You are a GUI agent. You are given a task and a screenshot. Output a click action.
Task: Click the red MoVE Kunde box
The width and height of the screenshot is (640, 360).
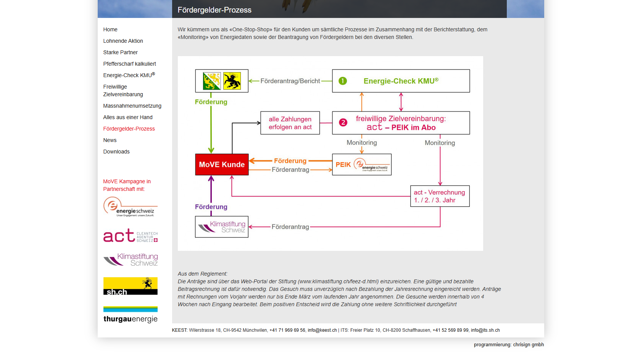(x=222, y=164)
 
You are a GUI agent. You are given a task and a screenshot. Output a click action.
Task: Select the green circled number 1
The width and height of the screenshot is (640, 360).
(x=343, y=81)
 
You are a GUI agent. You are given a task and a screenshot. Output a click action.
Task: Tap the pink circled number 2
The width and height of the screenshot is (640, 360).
(x=343, y=123)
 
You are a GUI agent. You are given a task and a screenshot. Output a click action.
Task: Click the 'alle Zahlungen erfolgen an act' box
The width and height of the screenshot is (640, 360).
(x=290, y=123)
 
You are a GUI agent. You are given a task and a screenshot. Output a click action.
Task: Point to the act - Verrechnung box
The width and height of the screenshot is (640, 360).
(x=440, y=196)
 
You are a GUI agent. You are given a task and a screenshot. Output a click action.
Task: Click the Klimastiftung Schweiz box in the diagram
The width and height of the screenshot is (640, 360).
(x=222, y=227)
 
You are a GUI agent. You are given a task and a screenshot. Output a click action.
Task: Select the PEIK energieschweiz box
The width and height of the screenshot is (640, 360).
(x=362, y=165)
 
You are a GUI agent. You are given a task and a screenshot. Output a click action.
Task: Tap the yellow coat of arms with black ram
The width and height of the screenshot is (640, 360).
(x=232, y=81)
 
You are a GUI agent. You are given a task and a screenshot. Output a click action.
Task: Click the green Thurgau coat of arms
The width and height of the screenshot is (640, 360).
(x=212, y=81)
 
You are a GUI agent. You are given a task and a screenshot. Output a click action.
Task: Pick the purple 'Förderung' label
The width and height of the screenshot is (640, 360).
(x=211, y=207)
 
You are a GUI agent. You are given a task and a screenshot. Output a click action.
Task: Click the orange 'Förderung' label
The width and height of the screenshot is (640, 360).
(x=290, y=161)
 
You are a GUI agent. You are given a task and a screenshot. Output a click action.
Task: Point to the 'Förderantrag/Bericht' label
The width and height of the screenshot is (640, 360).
(x=290, y=81)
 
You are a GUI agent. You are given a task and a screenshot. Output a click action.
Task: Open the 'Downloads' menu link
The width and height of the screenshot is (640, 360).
(x=116, y=152)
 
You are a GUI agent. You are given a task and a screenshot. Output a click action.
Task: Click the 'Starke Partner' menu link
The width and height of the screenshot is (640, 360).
(x=120, y=52)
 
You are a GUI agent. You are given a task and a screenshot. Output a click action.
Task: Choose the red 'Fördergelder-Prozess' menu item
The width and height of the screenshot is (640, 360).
(x=129, y=129)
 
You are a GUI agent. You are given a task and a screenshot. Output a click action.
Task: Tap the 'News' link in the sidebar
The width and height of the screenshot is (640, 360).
(x=110, y=140)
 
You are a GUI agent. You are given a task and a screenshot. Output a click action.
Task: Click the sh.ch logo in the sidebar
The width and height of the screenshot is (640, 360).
(x=130, y=286)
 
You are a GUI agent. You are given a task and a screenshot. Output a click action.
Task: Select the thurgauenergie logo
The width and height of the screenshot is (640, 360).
(x=130, y=315)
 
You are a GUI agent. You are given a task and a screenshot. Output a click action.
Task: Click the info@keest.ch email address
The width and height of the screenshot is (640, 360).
(x=322, y=330)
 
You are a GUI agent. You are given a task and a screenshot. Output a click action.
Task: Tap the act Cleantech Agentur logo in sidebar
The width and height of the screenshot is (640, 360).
(x=130, y=236)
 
